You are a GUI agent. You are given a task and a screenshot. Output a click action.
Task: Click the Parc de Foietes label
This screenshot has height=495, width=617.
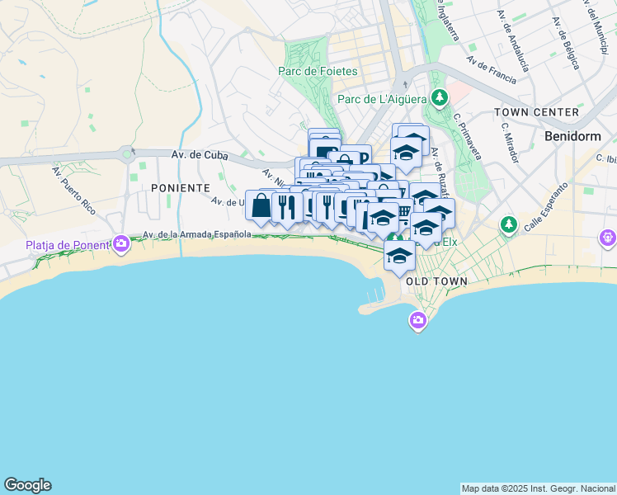point(321,71)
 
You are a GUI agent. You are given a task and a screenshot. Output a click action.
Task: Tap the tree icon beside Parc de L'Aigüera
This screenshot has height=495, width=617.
point(440,98)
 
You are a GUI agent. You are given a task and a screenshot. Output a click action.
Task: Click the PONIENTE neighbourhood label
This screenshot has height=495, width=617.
point(181,188)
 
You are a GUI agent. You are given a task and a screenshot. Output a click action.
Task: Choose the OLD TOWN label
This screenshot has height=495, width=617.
point(436,281)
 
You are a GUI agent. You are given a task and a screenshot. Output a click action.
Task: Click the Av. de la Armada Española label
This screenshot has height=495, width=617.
point(195,234)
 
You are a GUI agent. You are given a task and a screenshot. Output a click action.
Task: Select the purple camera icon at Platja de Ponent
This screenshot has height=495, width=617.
point(122,243)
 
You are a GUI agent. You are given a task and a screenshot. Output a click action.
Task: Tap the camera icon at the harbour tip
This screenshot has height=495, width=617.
point(418,319)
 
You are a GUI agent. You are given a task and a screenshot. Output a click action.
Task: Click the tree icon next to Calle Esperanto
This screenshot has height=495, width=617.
point(509,224)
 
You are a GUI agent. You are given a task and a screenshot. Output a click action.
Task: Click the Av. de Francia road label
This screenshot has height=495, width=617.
point(491,70)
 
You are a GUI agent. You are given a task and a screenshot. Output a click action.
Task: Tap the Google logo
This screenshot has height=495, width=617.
point(27,485)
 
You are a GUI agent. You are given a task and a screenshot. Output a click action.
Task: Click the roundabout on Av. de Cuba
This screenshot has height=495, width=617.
point(126,153)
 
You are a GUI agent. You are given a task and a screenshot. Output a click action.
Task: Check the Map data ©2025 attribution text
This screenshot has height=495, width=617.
point(538,488)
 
